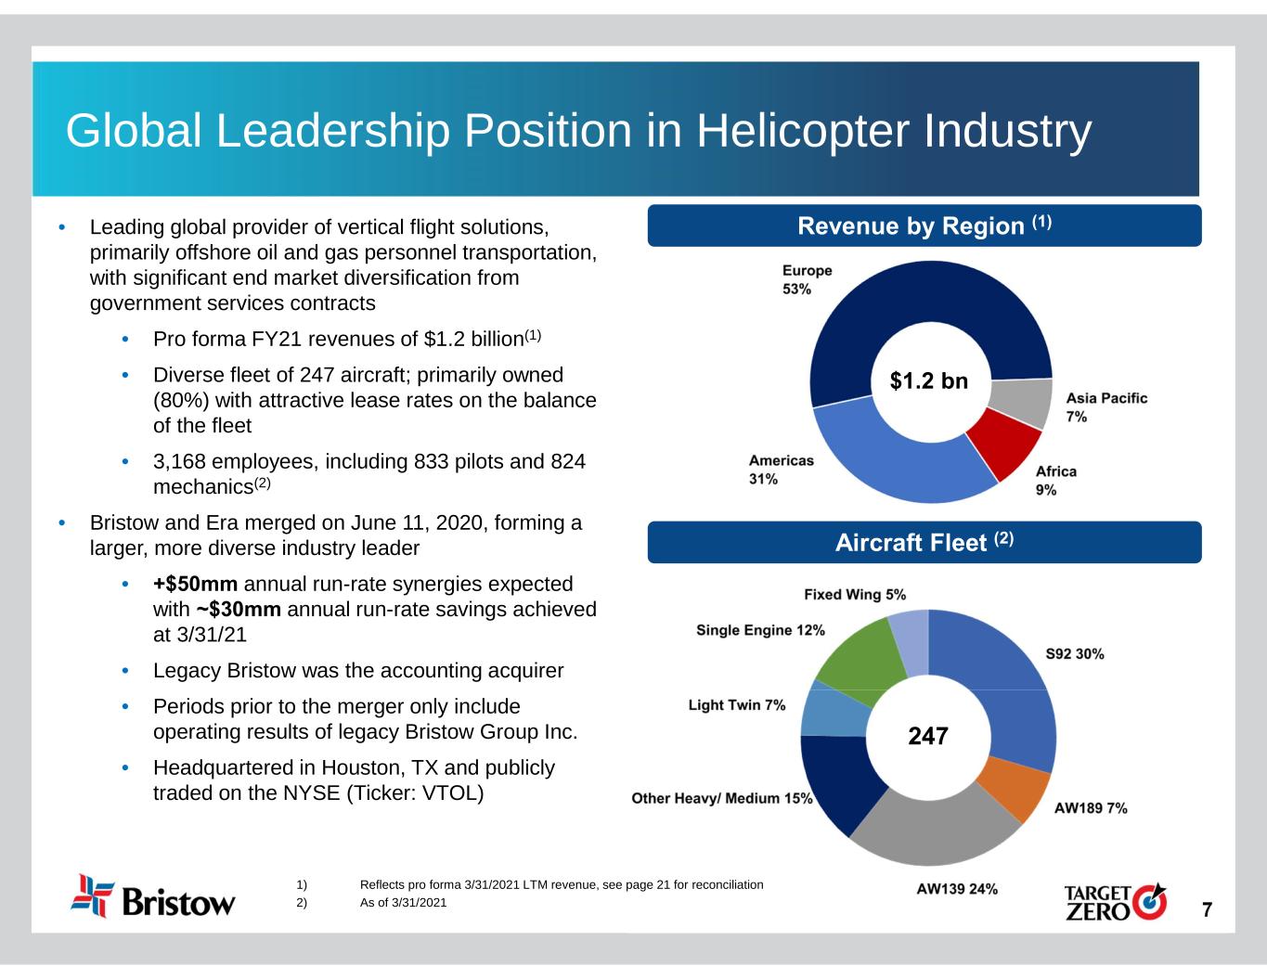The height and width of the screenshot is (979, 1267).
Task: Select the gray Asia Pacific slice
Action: [1023, 403]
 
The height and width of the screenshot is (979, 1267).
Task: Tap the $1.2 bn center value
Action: [928, 380]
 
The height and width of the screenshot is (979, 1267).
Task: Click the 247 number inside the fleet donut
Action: [928, 737]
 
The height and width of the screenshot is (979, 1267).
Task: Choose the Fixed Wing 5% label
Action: [854, 594]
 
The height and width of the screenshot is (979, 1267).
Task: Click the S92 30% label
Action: [1075, 653]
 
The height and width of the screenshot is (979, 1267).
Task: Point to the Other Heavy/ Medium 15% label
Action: [721, 798]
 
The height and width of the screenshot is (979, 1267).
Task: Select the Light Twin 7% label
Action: [736, 705]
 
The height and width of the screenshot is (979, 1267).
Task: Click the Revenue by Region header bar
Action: [924, 225]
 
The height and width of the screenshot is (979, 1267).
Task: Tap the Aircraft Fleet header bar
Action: [924, 543]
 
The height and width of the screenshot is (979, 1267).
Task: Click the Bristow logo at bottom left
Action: [153, 897]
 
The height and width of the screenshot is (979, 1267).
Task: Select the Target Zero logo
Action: [1114, 901]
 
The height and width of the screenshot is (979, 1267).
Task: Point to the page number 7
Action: [1207, 909]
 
